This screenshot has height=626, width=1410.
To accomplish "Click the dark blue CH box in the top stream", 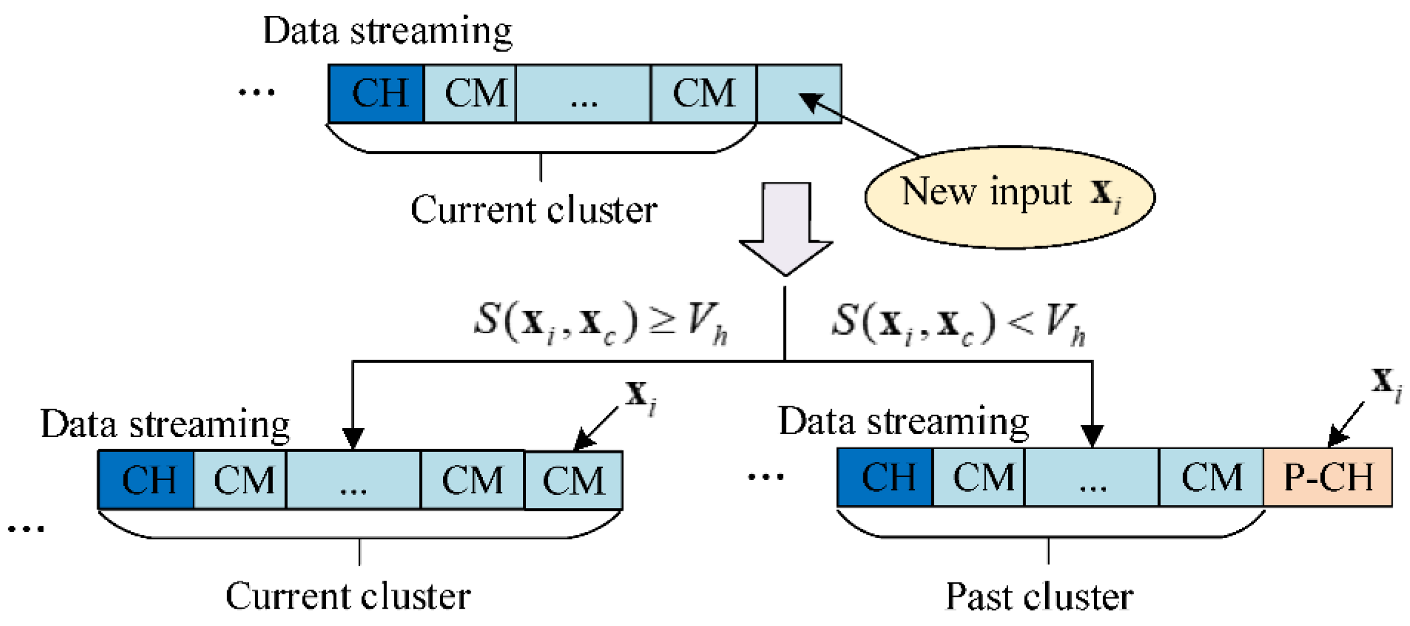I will [x=376, y=94].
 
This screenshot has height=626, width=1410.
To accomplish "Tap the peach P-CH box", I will [x=1327, y=477].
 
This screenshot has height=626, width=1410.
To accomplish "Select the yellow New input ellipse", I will [x=1009, y=197].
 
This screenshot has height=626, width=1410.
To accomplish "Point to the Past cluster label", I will [x=1039, y=596].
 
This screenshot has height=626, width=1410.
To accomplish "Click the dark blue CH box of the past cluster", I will [x=885, y=477].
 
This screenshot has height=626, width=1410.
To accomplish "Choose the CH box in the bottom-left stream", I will [x=146, y=480].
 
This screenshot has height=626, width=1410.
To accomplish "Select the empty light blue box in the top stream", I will [x=799, y=94].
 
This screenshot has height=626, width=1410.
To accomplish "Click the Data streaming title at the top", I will [x=388, y=31].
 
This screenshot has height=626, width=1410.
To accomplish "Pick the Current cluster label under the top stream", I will [x=534, y=210].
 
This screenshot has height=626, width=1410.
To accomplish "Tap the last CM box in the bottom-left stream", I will [x=573, y=481].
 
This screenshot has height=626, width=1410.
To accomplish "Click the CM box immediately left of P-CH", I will [x=1211, y=477].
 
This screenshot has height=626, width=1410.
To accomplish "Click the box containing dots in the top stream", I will [x=583, y=94].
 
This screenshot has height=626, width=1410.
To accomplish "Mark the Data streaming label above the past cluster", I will [x=903, y=422].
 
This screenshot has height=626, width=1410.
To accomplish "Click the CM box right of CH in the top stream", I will [x=470, y=94].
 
